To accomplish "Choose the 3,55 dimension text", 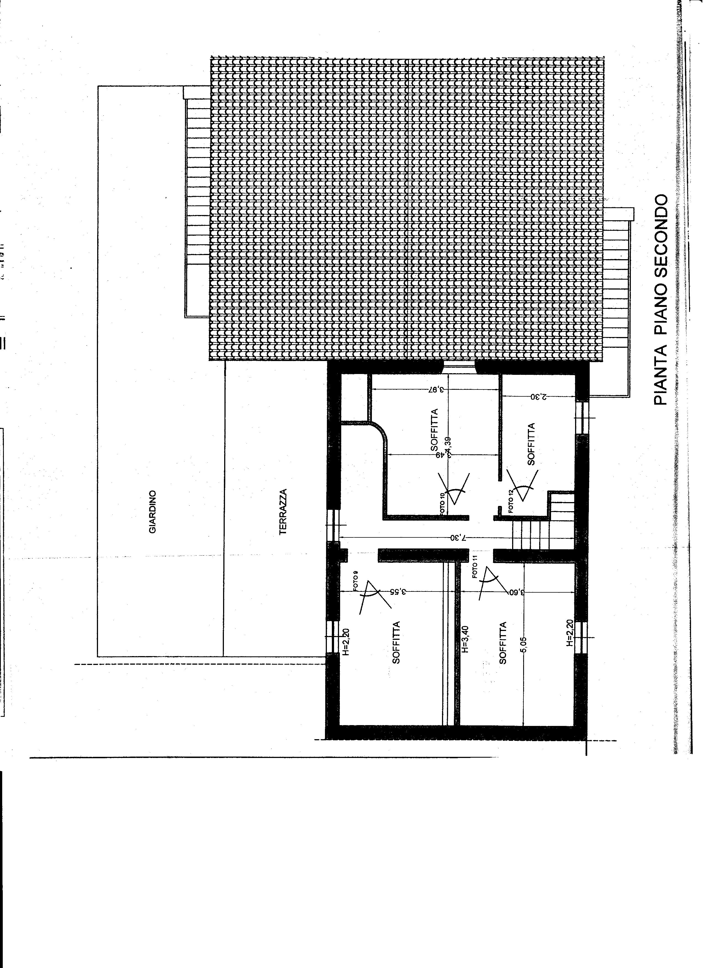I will (x=398, y=592).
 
